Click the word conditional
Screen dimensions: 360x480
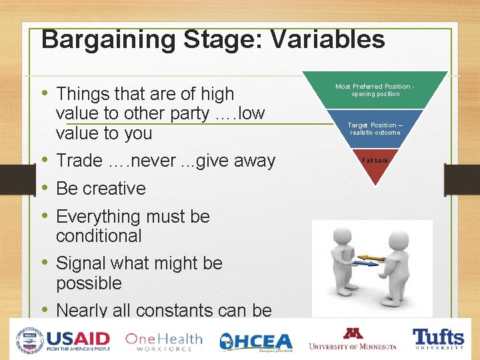coord(99,236)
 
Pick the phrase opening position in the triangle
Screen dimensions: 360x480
coord(375,94)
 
